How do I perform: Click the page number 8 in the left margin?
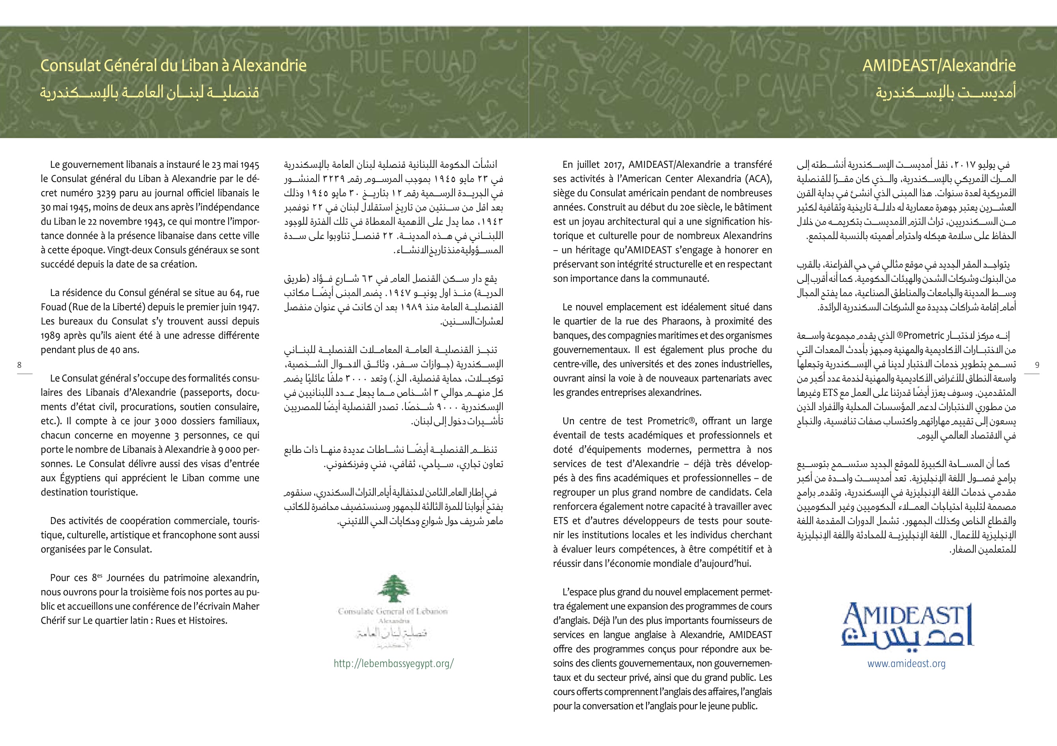tap(19, 365)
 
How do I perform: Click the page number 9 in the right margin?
tap(1037, 365)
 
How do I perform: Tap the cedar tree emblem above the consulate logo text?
tap(393, 588)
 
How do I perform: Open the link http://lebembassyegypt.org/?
tap(394, 663)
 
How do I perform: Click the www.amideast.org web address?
tap(906, 663)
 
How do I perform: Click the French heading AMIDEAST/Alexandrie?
tap(939, 66)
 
